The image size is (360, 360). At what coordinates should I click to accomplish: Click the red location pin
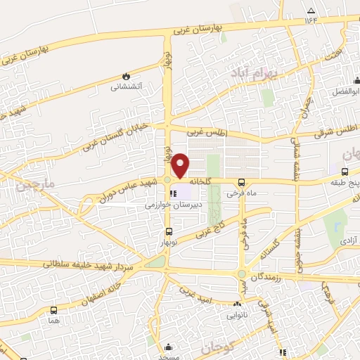click(181, 165)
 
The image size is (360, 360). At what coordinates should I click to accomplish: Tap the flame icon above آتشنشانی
click(126, 75)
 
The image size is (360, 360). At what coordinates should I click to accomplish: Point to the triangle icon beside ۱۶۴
click(311, 11)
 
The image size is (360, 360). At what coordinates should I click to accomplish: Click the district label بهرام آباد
click(255, 74)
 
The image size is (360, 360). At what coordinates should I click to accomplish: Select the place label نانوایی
click(237, 315)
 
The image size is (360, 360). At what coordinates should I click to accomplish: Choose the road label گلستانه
click(271, 248)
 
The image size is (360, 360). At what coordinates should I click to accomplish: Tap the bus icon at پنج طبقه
click(345, 171)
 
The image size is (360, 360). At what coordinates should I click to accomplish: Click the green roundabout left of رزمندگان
click(242, 274)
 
